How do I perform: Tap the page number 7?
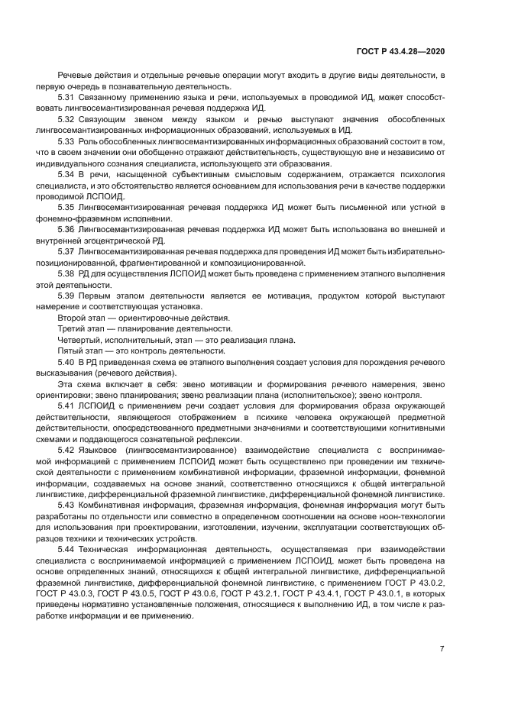pos(442,649)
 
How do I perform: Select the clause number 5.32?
pos(66,120)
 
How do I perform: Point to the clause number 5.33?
pos(66,142)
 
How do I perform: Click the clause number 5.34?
pos(66,175)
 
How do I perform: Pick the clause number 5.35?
pos(66,208)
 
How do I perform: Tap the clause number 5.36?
pos(66,230)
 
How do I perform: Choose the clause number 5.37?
pos(66,251)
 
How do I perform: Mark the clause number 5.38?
pos(66,273)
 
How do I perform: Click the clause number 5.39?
pos(66,296)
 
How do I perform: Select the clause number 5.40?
pos(66,362)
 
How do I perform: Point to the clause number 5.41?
pos(66,406)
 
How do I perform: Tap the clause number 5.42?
pos(66,450)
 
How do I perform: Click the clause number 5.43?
pos(66,505)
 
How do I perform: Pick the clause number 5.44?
pos(66,549)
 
